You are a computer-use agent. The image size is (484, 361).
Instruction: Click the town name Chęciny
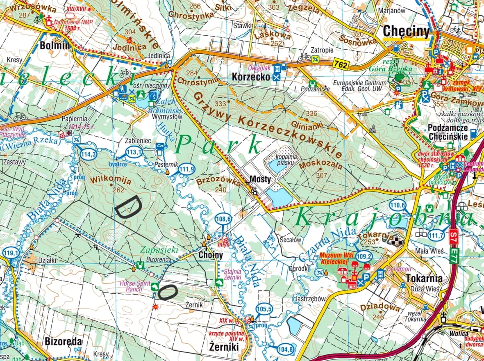coord(406,32)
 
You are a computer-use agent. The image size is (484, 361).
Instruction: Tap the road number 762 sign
coord(340,64)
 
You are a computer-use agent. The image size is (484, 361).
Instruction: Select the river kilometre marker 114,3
coord(89,154)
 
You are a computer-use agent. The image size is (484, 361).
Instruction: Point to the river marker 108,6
coord(223,219)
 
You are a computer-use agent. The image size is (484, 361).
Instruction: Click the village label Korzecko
coord(251,77)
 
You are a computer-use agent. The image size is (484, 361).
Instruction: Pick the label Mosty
coord(260,179)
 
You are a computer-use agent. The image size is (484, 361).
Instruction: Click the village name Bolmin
coord(55,45)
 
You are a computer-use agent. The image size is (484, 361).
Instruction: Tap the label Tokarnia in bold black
coord(424,279)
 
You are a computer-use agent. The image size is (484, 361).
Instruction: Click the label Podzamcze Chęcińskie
coord(448,132)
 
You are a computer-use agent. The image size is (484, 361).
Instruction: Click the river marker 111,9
coord(187,169)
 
